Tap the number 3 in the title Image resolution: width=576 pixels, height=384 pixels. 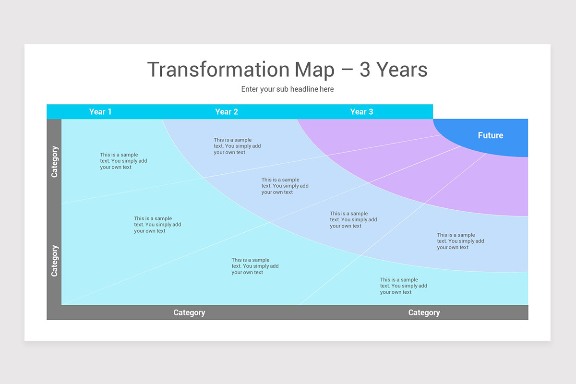[365, 70]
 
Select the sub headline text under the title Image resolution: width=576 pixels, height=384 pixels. [287, 89]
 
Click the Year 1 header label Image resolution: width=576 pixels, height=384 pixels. [100, 112]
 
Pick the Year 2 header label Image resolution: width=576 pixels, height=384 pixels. [227, 112]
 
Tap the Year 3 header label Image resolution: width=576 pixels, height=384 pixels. [361, 112]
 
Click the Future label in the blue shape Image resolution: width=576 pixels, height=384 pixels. [490, 135]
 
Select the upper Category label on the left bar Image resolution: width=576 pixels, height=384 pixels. [54, 162]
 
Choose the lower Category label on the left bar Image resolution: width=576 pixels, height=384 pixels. [54, 261]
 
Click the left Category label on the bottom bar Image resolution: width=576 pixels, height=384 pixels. [189, 312]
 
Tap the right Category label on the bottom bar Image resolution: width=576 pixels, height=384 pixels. [424, 312]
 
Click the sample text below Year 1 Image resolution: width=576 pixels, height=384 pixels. [123, 161]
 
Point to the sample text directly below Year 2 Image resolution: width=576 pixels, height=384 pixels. [237, 146]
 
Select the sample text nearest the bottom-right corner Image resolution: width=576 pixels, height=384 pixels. [403, 286]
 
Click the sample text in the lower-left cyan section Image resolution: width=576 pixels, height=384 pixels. [157, 225]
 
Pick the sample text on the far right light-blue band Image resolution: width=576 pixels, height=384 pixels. [460, 241]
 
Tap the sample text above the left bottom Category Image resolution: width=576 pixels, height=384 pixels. [254, 266]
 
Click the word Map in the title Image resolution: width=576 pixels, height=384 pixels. [315, 70]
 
